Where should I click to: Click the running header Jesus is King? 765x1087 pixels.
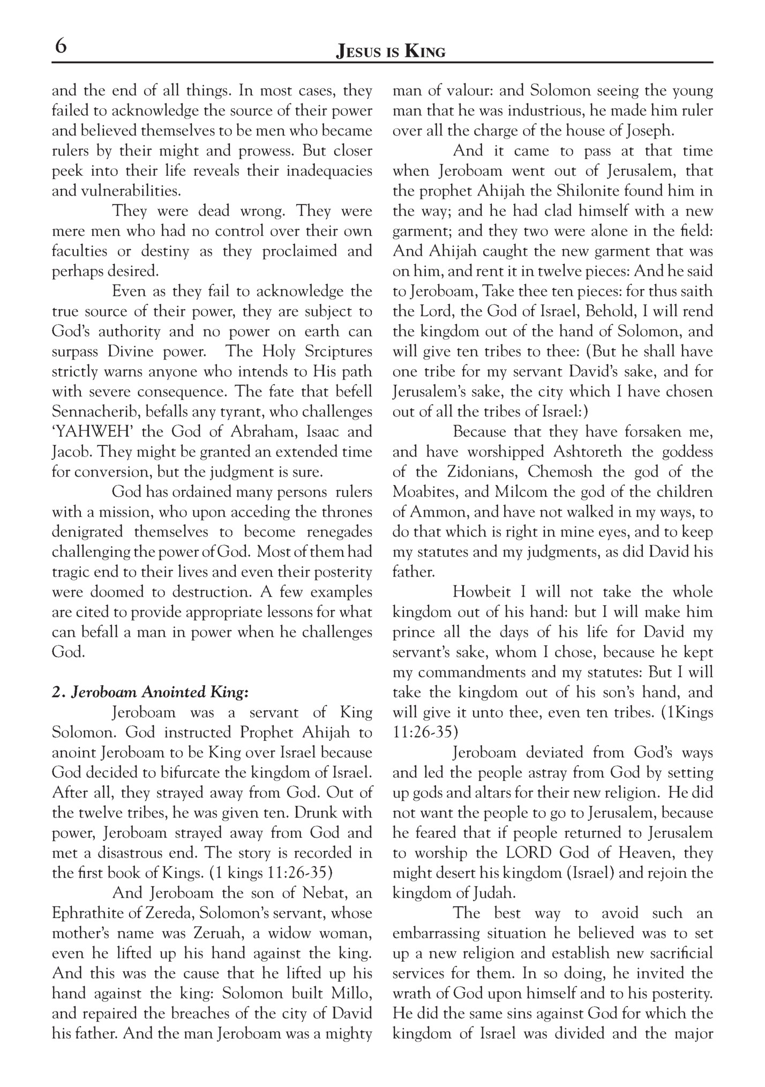(391, 51)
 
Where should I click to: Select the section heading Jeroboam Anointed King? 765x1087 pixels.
(151, 692)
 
